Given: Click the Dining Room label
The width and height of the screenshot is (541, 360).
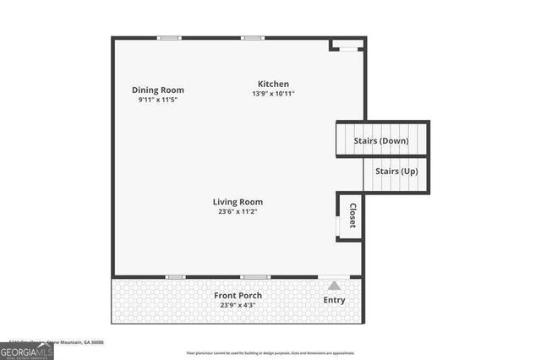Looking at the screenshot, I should point(158,90).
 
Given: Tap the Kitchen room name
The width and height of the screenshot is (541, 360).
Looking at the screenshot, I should point(274,84).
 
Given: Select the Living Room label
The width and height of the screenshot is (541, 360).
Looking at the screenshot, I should point(238,202).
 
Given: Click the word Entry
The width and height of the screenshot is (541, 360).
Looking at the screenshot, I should point(335,300).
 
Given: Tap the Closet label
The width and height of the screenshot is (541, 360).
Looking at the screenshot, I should point(352,216).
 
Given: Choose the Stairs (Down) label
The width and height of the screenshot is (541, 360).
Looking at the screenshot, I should point(382,140).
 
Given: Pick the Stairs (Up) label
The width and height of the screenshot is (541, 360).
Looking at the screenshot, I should point(396,172).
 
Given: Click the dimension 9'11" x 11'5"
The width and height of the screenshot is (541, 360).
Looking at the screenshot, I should point(158,100).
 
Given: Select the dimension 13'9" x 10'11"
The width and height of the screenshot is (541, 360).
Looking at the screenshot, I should point(274,93).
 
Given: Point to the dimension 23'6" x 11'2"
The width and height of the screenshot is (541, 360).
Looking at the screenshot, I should point(238,211).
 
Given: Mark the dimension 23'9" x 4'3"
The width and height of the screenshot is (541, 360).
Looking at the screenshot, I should point(238,304).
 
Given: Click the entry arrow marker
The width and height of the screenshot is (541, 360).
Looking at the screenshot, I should point(335,286).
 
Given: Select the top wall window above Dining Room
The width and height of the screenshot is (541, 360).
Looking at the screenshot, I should point(169,37).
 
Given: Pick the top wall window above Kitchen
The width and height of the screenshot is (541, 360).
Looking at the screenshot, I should point(252,37).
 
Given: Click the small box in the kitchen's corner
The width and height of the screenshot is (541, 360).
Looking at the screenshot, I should point(347,44).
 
